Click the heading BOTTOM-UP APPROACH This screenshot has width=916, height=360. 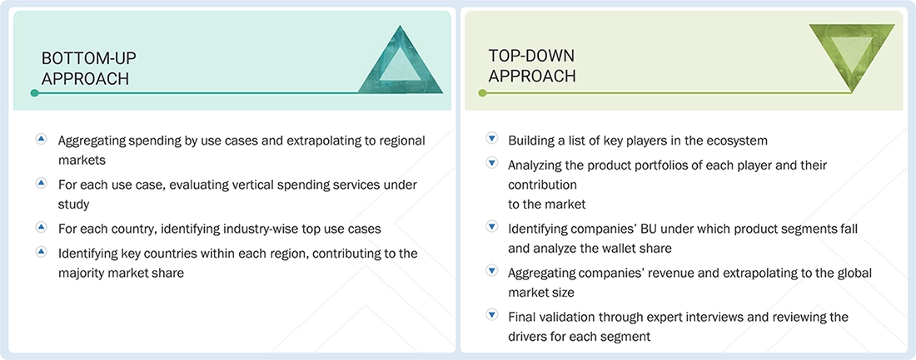[x=88, y=67]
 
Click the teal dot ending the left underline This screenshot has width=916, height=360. [x=34, y=93]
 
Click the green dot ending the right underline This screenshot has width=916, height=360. [x=481, y=93]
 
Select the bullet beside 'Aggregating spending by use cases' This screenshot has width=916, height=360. [x=41, y=140]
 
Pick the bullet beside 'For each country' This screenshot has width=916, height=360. [x=41, y=226]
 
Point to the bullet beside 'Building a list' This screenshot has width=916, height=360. [x=491, y=140]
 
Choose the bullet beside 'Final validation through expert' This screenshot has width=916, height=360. [x=491, y=316]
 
